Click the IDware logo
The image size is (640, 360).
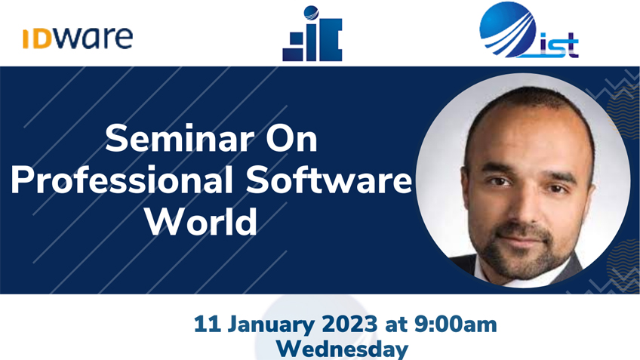tap(78, 38)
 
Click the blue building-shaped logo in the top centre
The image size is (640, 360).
tap(312, 34)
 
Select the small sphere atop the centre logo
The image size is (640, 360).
tap(312, 13)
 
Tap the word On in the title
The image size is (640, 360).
tap(291, 139)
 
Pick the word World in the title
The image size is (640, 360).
tap(202, 222)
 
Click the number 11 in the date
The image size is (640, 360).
tap(208, 325)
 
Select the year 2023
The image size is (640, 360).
tap(349, 325)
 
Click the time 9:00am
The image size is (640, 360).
tap(456, 325)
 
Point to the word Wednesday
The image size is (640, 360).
tap(342, 349)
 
